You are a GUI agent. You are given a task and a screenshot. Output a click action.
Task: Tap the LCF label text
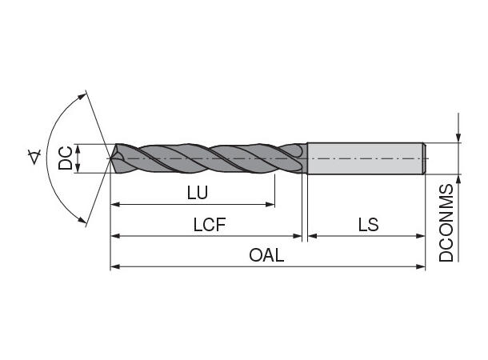pos(210,225)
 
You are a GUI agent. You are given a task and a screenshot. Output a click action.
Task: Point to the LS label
pos(368,225)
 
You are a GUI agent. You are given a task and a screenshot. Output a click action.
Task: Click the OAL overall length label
pos(266,255)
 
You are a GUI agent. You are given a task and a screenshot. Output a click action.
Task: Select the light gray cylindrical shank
pos(365,158)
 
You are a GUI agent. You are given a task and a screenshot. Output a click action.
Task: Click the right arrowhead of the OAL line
pos(421,266)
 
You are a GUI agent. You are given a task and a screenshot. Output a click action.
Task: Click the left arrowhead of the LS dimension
pos(312,236)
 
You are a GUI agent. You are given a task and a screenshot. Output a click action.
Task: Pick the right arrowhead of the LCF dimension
pos(299,236)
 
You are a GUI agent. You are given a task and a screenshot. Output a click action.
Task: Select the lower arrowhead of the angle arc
pos(82,222)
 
